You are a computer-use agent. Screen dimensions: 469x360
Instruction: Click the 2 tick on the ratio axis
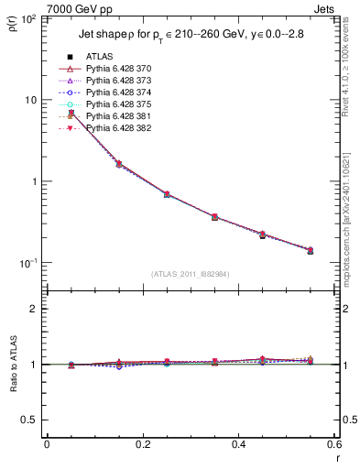(x=35, y=309)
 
